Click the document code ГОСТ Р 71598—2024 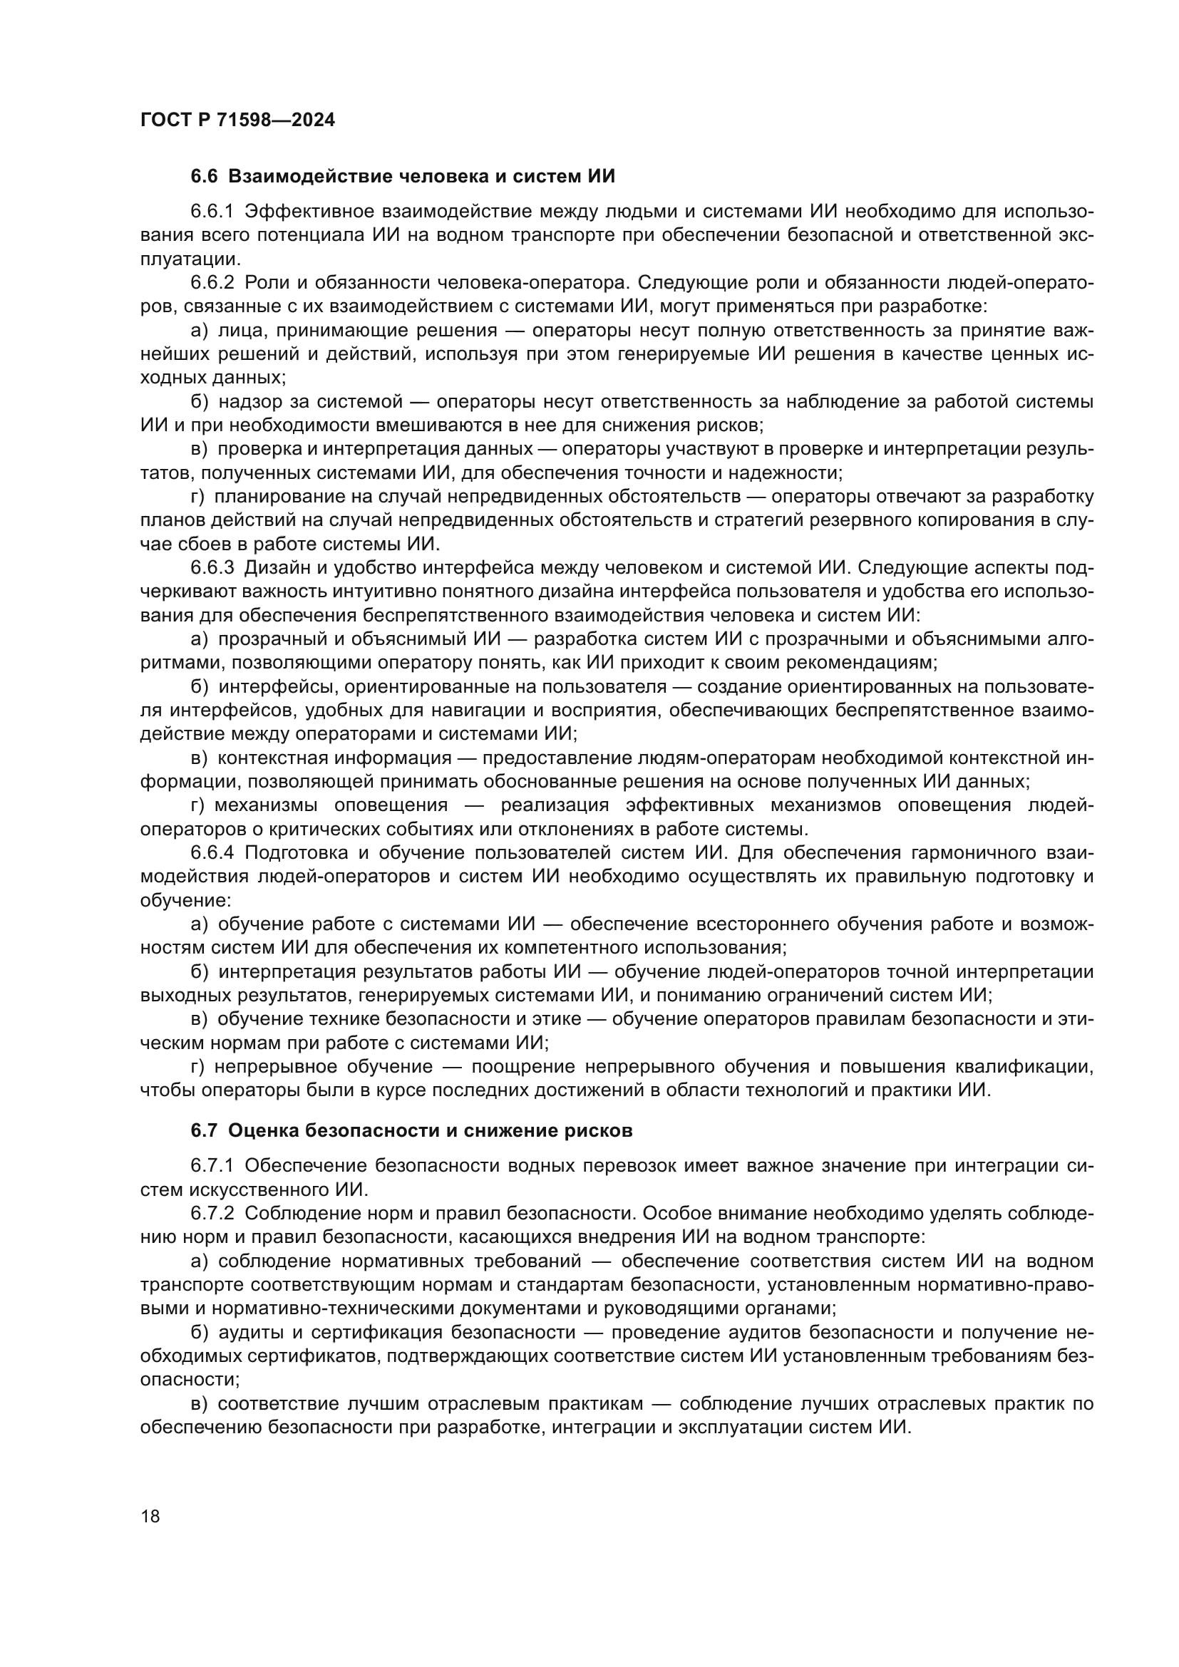(237, 120)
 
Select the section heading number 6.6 (204, 177)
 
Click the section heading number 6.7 (204, 1130)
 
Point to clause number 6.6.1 (212, 212)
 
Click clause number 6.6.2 (212, 282)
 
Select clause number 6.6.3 (212, 568)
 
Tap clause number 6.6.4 (212, 852)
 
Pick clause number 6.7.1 (212, 1166)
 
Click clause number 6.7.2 (212, 1213)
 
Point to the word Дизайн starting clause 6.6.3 (277, 568)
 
